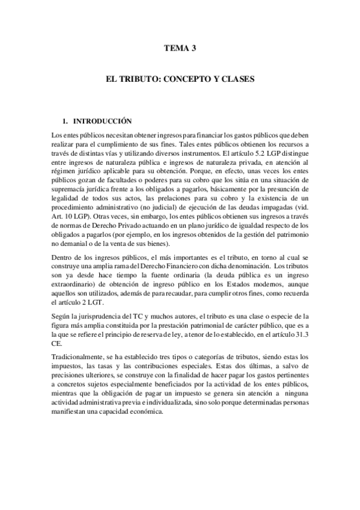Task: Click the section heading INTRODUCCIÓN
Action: pyautogui.click(x=106, y=121)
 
